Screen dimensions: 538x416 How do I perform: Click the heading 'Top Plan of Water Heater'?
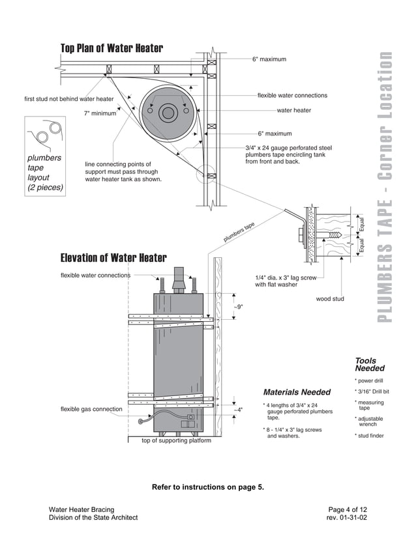click(111, 48)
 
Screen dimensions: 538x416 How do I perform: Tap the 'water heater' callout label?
click(294, 111)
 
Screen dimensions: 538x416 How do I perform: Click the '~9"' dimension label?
click(239, 306)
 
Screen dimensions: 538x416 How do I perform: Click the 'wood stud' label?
click(330, 300)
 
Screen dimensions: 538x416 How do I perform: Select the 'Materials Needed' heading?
click(297, 392)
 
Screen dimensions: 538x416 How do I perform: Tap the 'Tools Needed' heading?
click(370, 364)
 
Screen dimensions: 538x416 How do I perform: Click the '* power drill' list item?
click(369, 380)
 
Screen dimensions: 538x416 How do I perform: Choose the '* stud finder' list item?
click(370, 436)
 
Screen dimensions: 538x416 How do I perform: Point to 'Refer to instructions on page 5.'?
click(208, 487)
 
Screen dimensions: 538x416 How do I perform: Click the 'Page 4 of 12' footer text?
click(348, 509)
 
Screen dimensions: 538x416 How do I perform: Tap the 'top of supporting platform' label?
click(176, 441)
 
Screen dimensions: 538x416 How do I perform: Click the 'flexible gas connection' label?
click(91, 409)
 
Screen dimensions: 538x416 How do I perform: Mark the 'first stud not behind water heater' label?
click(68, 99)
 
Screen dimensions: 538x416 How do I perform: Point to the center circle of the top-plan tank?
click(168, 113)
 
